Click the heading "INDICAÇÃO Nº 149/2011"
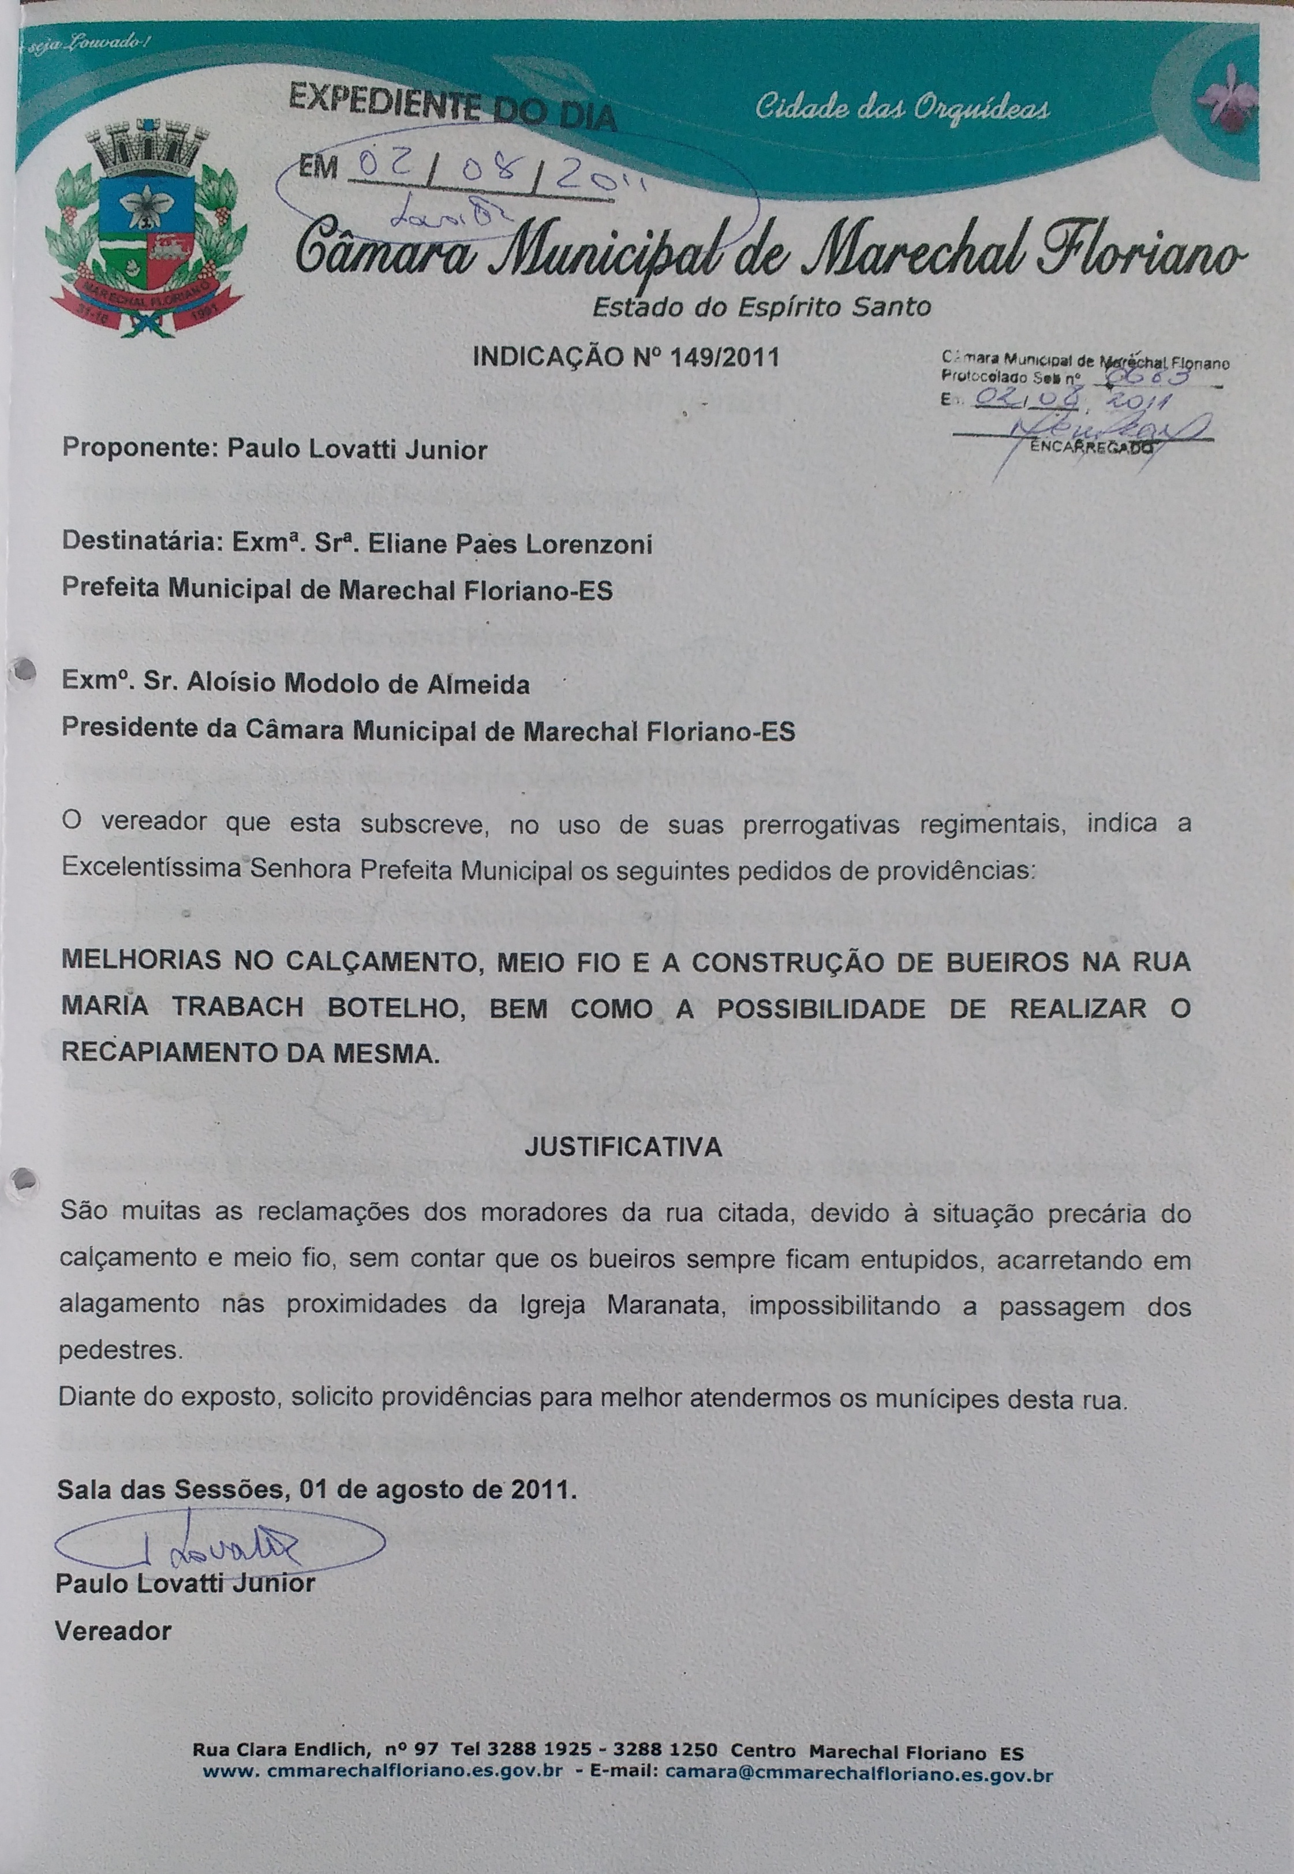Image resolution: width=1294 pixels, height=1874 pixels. [x=625, y=357]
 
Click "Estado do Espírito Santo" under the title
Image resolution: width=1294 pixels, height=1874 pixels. [x=761, y=307]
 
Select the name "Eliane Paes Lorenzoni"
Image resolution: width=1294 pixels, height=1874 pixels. [x=510, y=543]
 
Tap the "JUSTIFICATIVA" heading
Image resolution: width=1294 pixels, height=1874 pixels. [x=623, y=1147]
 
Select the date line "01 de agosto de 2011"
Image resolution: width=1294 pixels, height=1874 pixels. [x=438, y=1490]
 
